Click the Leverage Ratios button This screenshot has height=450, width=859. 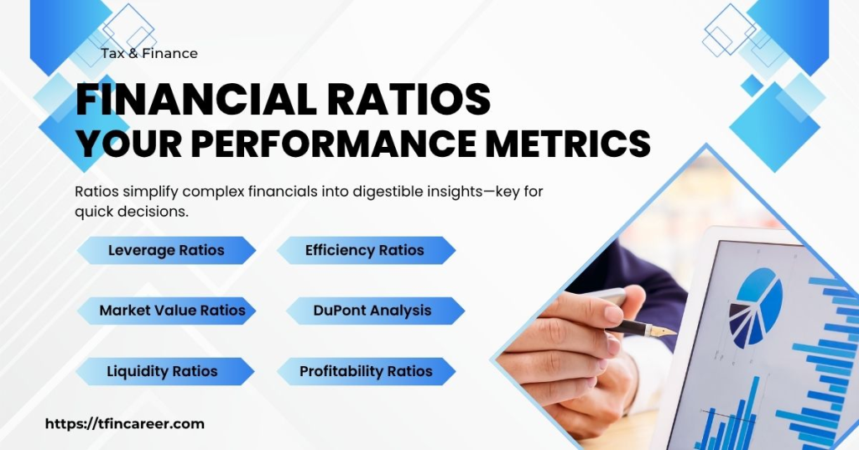coord(166,250)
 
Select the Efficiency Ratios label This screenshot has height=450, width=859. coord(365,250)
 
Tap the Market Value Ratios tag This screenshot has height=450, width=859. coord(172,311)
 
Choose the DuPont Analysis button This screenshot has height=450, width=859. coord(372,311)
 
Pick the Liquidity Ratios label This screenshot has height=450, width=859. coord(162,371)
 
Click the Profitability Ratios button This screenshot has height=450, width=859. coord(366,371)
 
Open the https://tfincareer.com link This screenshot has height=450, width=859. coord(124,424)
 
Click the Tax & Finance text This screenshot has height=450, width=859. coord(149,54)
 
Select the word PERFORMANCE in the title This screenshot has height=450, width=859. coord(336,144)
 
